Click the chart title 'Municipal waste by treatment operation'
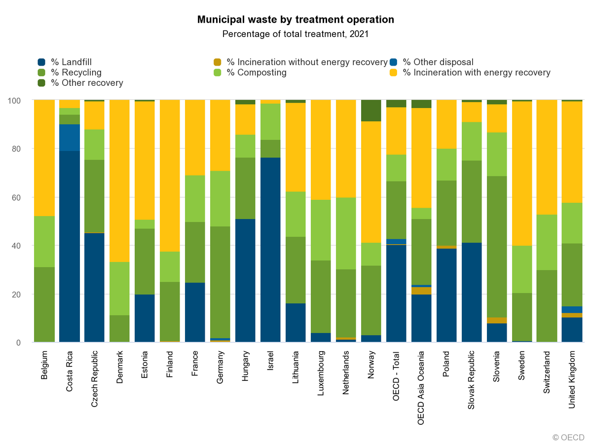(x=296, y=20)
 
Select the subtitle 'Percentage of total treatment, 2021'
(x=296, y=34)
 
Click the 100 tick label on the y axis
(x=16, y=101)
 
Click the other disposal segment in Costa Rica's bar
(x=70, y=138)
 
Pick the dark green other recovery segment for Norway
(x=371, y=111)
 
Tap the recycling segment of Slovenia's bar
(x=497, y=247)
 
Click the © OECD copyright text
(x=568, y=437)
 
